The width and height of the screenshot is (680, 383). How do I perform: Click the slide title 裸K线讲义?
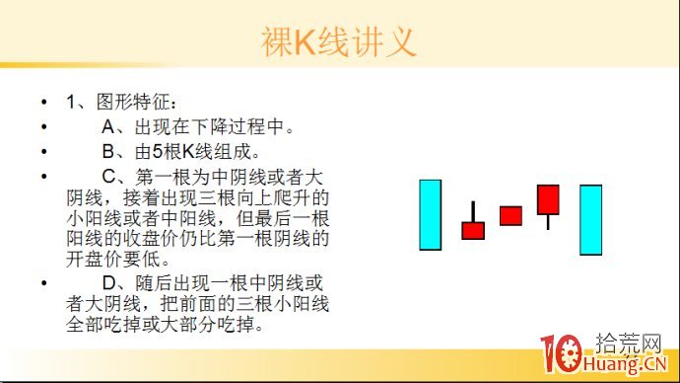coord(339,42)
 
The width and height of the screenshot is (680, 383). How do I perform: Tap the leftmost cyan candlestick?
coord(430,214)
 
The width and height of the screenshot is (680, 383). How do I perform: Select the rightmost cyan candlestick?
coord(590,219)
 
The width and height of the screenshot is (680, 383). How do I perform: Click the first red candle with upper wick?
coord(473,230)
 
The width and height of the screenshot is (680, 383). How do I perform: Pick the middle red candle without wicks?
coord(510,215)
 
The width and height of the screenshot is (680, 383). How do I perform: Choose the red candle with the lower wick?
coord(548,198)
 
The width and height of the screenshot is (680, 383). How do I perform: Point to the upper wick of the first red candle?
coord(473,211)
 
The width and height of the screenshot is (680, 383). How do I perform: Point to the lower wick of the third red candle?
coord(548,221)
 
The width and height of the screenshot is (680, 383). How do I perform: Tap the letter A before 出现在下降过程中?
coord(108,127)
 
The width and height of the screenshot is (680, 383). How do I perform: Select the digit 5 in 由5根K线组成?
coord(158,153)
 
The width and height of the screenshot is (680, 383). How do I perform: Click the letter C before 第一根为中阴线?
coord(108,178)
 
